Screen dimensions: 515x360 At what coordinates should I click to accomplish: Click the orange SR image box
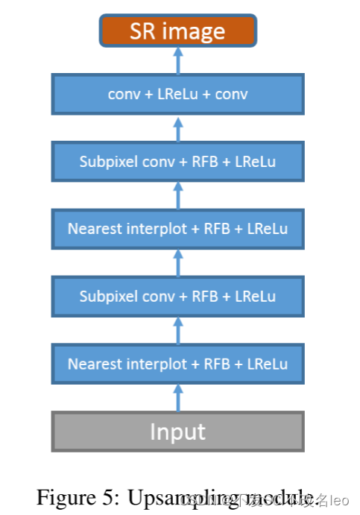tap(177, 31)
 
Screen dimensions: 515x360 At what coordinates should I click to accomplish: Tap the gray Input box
tap(177, 432)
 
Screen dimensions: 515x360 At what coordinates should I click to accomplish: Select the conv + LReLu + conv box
tap(177, 94)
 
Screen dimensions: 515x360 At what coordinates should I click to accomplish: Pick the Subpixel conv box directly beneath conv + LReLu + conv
tap(177, 161)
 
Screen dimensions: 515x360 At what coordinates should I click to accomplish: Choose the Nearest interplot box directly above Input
tap(177, 364)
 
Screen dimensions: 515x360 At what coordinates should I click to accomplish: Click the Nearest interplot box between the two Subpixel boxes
tap(177, 229)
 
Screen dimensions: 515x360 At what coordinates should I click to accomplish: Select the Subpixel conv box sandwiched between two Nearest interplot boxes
tap(177, 296)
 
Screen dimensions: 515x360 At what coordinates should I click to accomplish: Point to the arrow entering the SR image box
tap(177, 60)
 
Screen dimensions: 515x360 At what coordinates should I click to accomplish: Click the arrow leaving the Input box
tap(177, 398)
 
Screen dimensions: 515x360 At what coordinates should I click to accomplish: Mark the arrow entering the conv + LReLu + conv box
tap(177, 127)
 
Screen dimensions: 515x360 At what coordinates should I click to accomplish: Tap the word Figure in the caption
tap(62, 496)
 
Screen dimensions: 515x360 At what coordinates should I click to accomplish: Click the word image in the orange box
tap(195, 32)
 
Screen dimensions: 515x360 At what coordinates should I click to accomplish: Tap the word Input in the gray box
tap(177, 432)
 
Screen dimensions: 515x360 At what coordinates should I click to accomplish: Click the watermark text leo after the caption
tap(340, 498)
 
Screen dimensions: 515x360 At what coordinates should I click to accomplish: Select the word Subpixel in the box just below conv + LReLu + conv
tap(107, 162)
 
